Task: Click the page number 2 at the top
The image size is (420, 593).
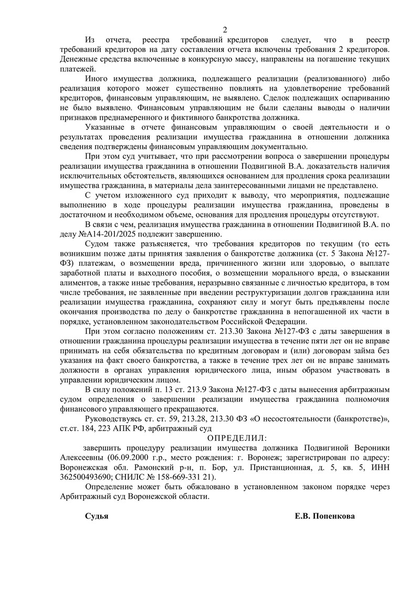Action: tap(225, 29)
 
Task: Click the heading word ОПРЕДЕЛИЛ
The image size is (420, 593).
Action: tap(237, 437)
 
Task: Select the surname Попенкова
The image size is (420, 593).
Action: tap(333, 516)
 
